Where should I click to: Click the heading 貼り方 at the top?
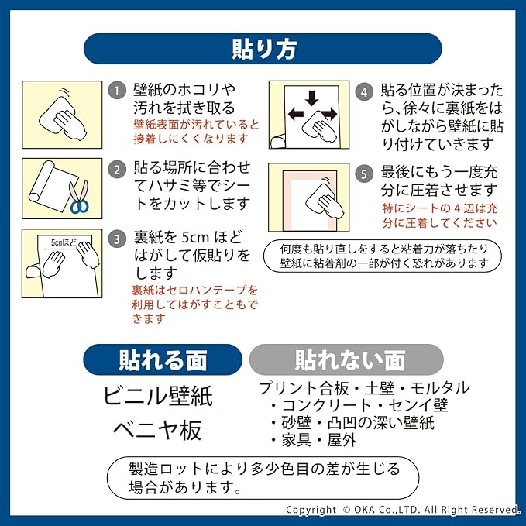click(263, 48)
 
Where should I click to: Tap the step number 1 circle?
click(116, 91)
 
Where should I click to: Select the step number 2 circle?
click(116, 169)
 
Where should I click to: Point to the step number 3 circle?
click(116, 237)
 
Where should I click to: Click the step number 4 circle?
click(363, 91)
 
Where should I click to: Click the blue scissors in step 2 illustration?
click(79, 198)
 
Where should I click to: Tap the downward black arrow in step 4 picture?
click(311, 98)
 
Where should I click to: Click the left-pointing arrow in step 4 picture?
click(295, 114)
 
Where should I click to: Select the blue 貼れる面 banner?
click(163, 360)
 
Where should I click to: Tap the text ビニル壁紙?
click(157, 396)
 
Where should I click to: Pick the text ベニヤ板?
click(157, 428)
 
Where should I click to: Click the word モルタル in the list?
click(439, 388)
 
